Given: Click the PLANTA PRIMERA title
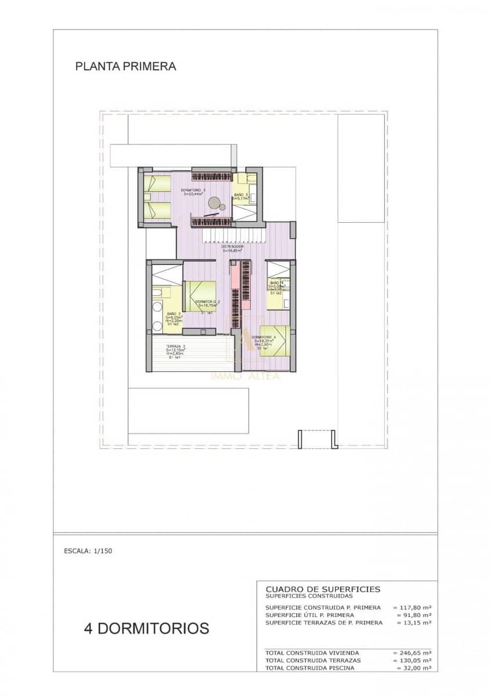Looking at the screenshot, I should click(x=125, y=67).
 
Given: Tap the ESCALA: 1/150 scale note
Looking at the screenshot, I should click(x=88, y=551).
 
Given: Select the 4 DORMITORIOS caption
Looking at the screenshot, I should click(x=147, y=628).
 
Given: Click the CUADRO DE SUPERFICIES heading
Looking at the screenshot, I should click(x=323, y=589).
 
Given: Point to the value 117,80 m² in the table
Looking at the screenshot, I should click(x=412, y=607).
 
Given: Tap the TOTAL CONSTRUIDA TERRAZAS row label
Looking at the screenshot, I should click(x=313, y=661).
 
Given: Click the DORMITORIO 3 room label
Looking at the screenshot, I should click(x=193, y=191).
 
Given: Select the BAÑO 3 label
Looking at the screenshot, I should click(x=241, y=195).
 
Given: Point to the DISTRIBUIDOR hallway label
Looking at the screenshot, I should click(x=232, y=247).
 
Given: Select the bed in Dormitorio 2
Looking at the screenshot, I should click(x=200, y=296).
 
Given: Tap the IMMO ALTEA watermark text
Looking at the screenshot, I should click(x=245, y=376).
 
